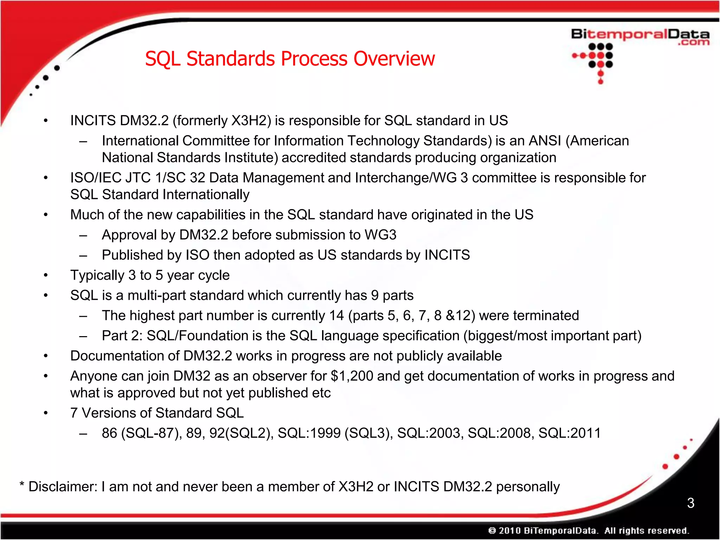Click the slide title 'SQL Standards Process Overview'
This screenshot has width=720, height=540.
point(290,59)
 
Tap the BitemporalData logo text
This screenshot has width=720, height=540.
point(640,35)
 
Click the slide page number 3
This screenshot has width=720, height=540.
point(690,503)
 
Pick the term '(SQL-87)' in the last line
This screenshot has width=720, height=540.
point(151,433)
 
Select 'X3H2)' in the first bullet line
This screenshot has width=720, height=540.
point(251,121)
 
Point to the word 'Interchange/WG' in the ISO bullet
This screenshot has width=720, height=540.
point(406,178)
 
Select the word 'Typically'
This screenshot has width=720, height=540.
point(97,275)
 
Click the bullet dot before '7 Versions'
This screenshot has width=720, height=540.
point(45,413)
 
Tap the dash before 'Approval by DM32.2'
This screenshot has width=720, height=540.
point(83,235)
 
